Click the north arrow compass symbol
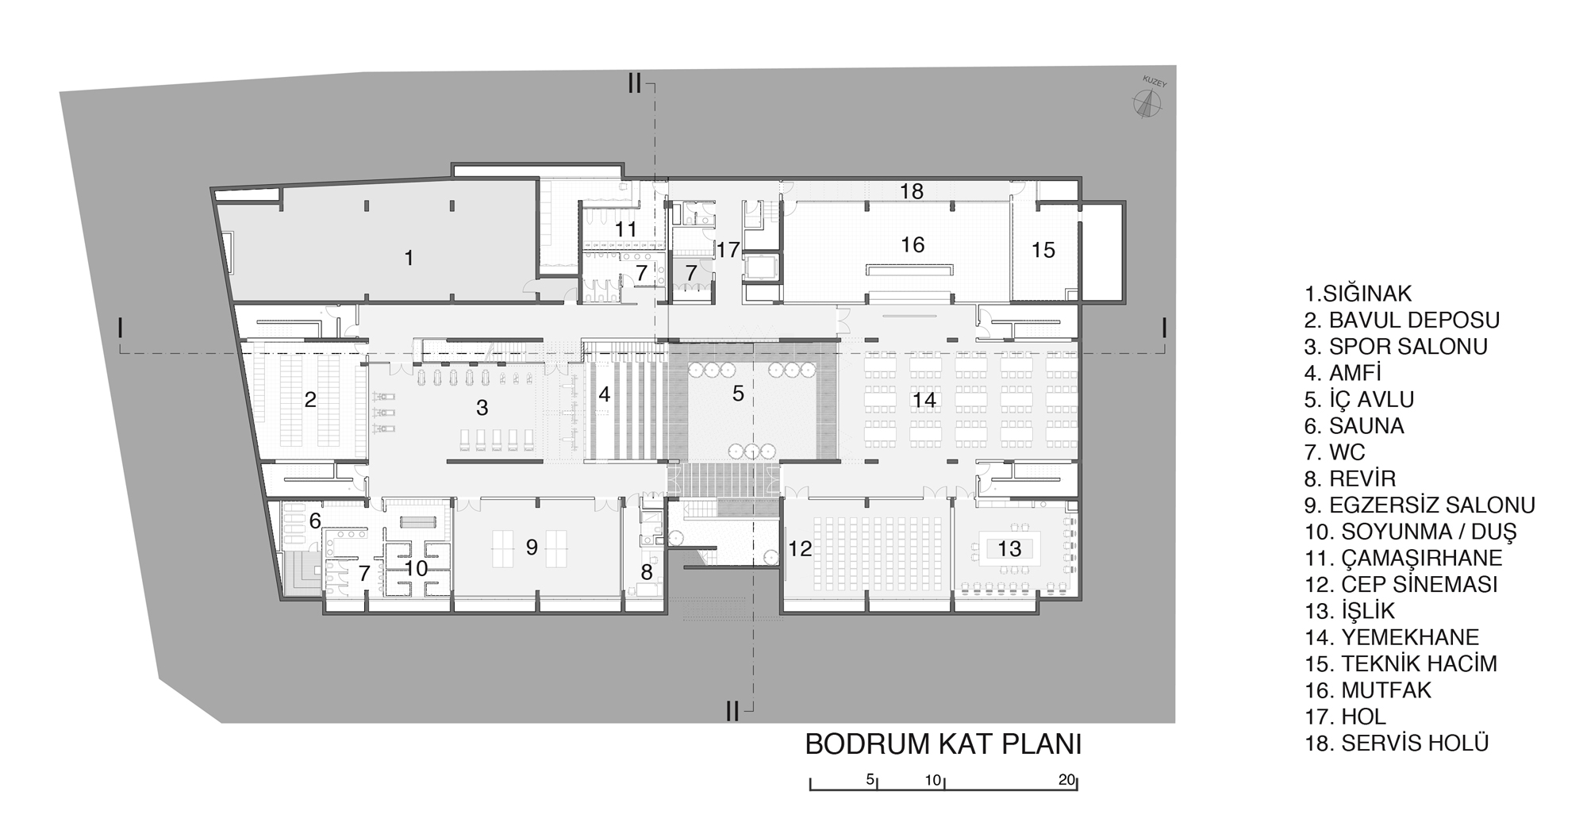click(x=1145, y=104)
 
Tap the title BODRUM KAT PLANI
click(x=943, y=745)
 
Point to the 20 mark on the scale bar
click(x=1066, y=779)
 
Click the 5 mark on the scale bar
click(x=870, y=779)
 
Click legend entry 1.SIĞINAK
click(x=1358, y=294)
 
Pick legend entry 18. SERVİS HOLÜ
click(x=1397, y=743)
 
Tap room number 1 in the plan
click(x=409, y=258)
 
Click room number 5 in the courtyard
click(x=738, y=393)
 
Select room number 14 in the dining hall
click(x=924, y=401)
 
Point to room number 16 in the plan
click(x=913, y=244)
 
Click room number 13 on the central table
click(x=1009, y=548)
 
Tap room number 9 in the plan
click(x=532, y=547)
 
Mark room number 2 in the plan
click(x=310, y=399)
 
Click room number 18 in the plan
click(x=912, y=191)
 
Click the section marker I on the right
click(x=1163, y=327)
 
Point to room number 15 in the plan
click(x=1043, y=250)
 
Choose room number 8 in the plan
click(x=647, y=571)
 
